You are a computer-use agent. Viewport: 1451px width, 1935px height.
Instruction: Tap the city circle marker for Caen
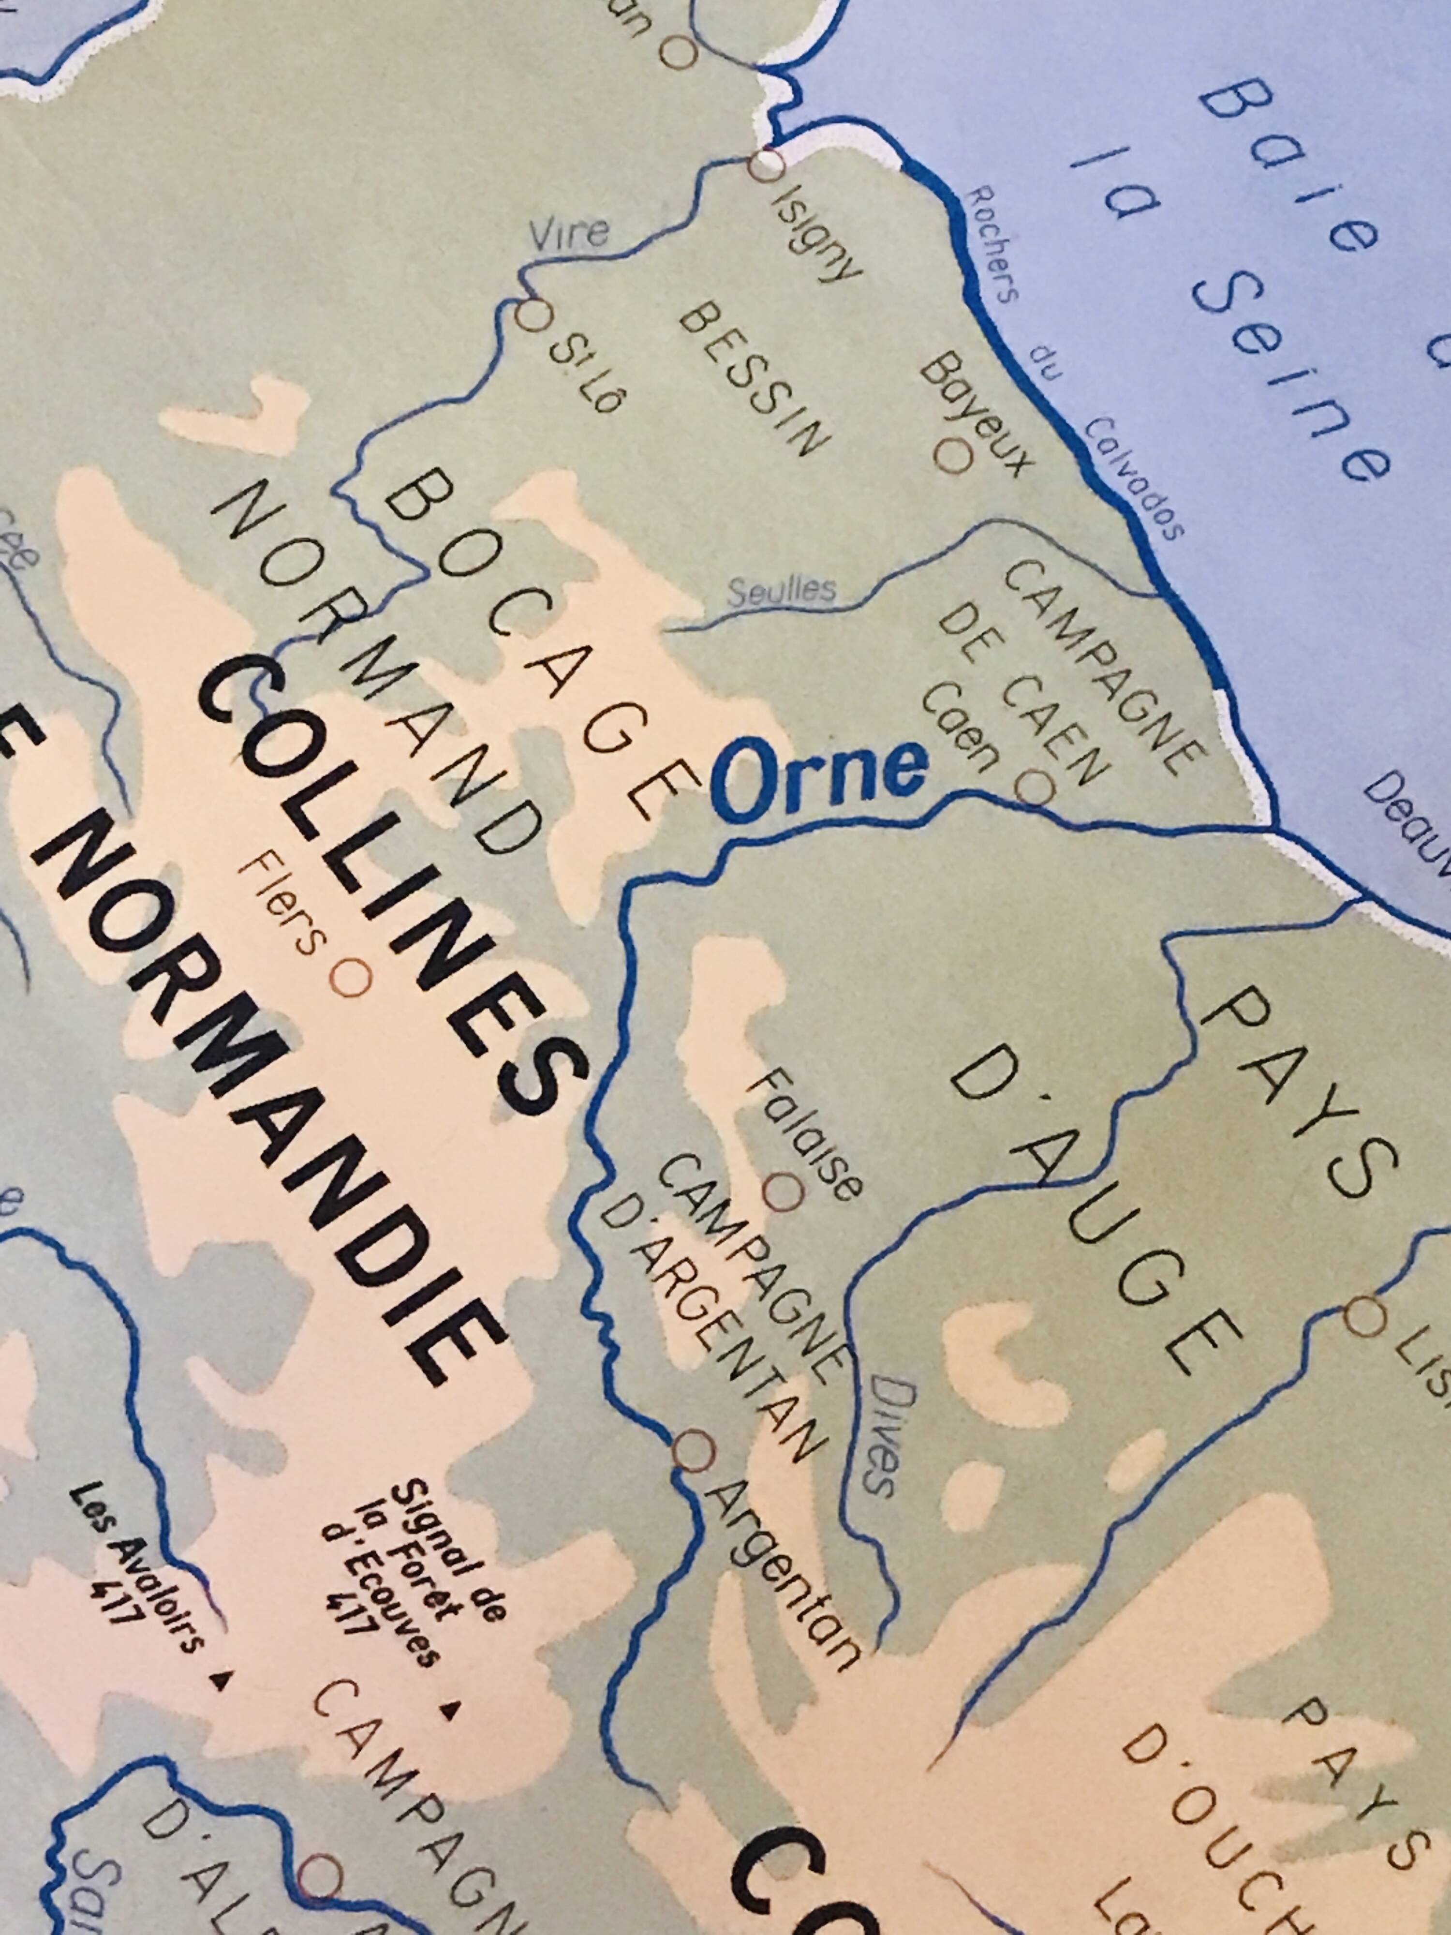[1035, 787]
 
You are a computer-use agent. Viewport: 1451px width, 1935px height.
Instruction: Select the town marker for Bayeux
[953, 455]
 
